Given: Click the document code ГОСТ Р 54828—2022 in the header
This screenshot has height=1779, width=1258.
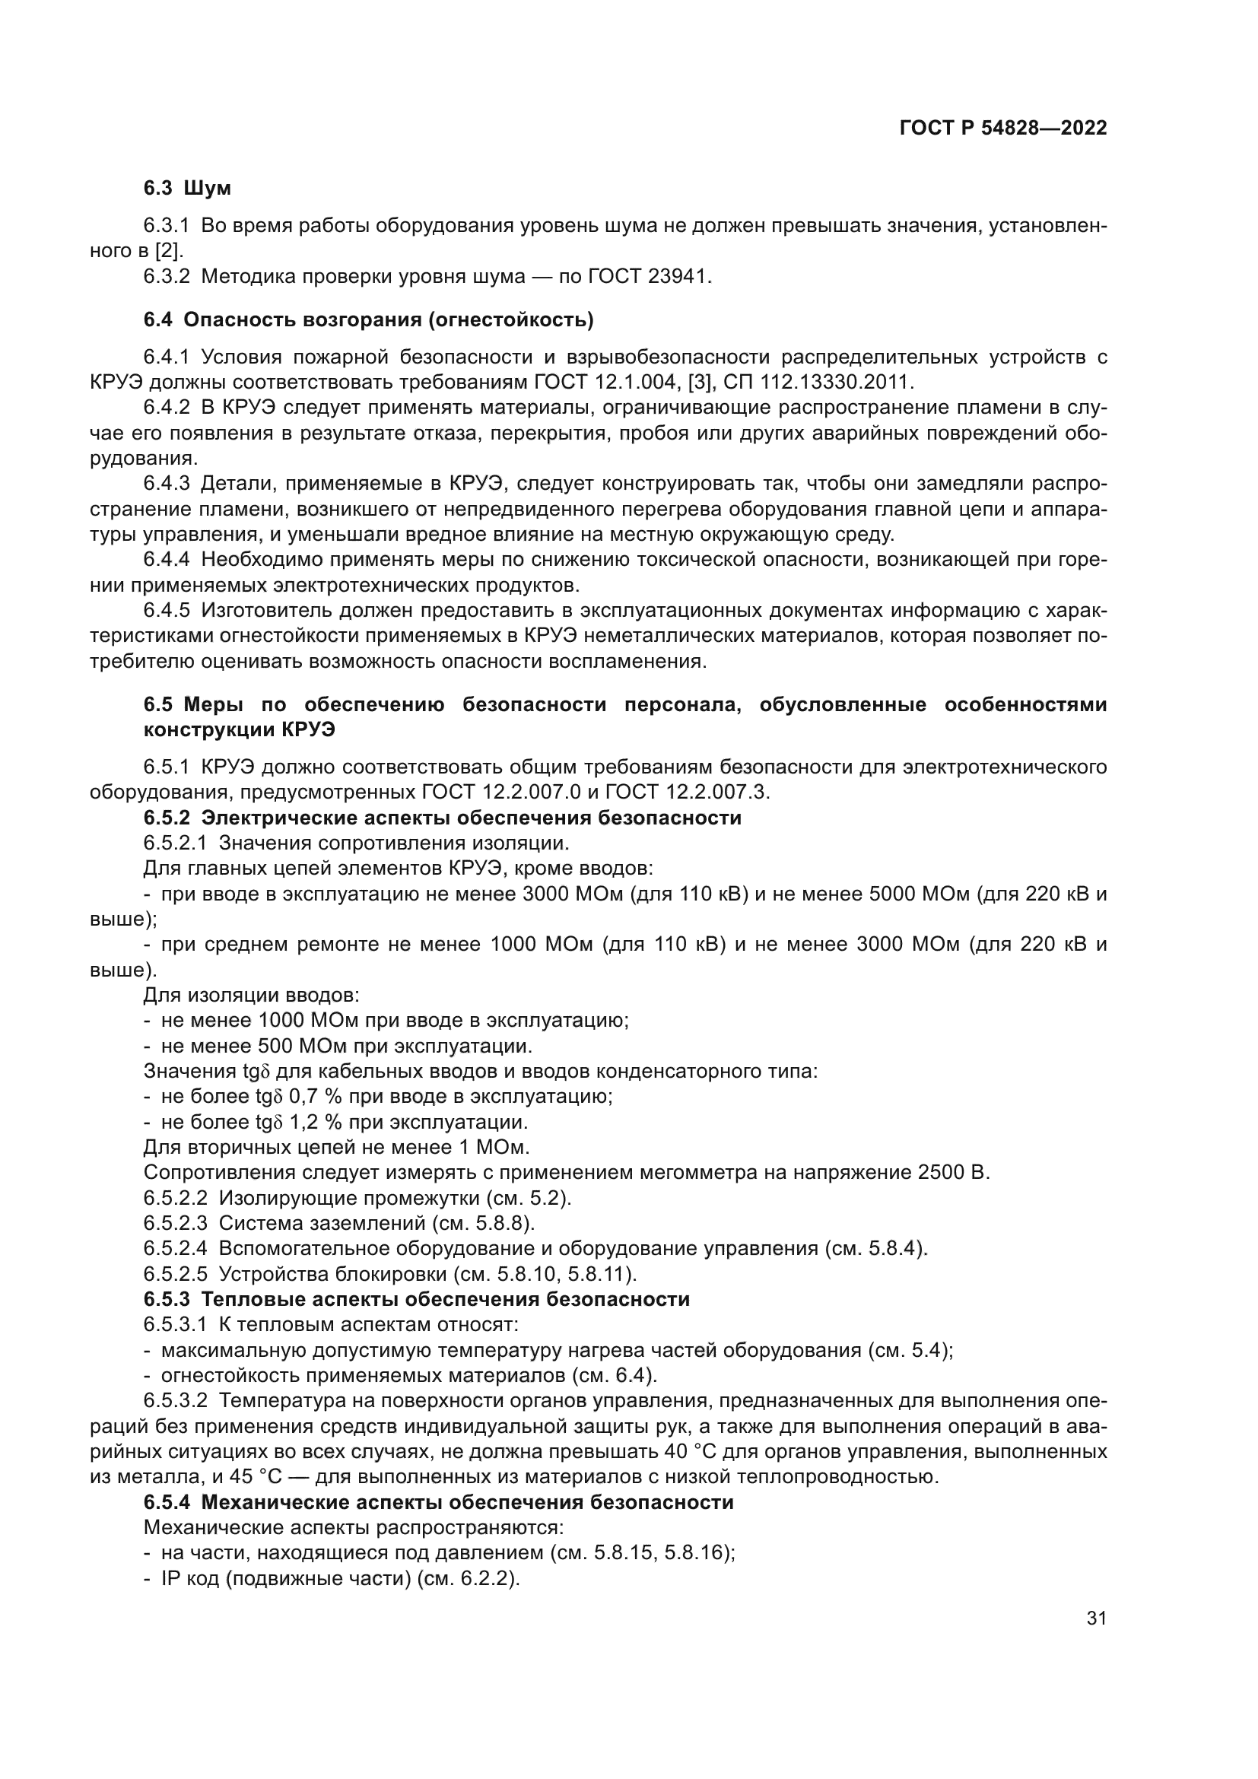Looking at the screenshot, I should [x=1003, y=129].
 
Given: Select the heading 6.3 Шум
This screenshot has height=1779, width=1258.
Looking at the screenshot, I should [x=187, y=189].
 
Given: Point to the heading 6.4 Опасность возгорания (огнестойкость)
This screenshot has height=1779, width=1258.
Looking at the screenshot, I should [x=369, y=319].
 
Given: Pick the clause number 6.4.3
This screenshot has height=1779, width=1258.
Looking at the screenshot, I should [x=167, y=484].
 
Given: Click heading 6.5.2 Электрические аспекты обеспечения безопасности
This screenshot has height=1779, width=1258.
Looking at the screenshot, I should [x=443, y=818].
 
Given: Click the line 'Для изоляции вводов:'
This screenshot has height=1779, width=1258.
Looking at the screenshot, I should [x=251, y=995].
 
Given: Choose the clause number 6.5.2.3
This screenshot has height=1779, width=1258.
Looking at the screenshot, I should [x=175, y=1224].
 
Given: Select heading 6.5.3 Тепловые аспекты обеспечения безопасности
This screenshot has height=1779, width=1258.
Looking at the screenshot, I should [x=417, y=1299].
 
